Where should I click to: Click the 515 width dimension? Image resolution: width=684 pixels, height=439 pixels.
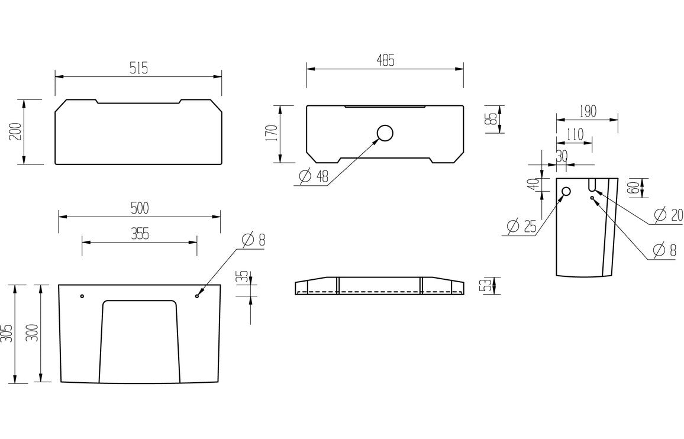point(138,68)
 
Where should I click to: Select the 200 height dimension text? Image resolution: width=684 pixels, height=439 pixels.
point(15,131)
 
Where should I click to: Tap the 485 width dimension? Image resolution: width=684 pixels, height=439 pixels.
point(385,60)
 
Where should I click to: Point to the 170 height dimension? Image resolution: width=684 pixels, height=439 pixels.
point(271,134)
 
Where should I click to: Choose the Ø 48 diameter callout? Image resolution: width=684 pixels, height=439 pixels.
point(314,176)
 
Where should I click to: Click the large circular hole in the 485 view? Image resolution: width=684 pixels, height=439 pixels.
point(385,134)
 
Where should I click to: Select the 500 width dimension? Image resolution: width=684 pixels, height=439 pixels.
point(140,208)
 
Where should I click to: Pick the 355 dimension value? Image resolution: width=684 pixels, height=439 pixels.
point(140,234)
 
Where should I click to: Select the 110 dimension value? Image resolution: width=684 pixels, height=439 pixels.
point(574,134)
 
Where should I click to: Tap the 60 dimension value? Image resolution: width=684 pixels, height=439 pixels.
point(631,188)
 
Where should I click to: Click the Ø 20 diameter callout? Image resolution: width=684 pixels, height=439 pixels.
point(669,214)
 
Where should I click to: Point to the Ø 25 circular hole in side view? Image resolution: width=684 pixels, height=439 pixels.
point(566,191)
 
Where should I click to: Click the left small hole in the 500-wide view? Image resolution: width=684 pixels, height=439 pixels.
point(82,295)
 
